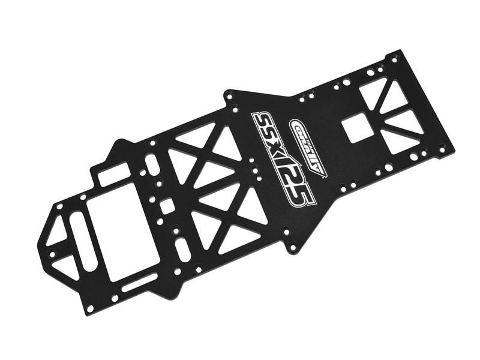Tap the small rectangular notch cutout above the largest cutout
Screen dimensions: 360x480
pos(115,174)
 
